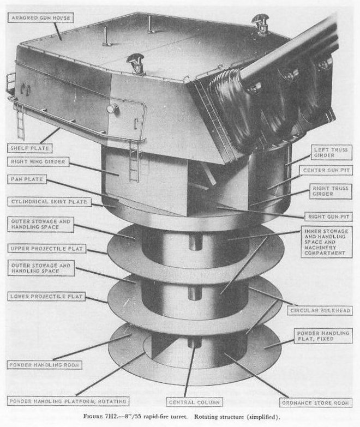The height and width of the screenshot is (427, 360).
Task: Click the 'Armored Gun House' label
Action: click(41, 18)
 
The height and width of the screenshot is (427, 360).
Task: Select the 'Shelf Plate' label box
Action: click(29, 148)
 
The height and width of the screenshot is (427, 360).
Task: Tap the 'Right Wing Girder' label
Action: click(38, 162)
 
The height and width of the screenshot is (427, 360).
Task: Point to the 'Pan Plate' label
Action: click(27, 179)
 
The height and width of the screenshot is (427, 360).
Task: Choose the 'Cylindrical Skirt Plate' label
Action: click(49, 202)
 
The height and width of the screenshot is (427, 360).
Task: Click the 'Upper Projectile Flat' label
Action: click(46, 249)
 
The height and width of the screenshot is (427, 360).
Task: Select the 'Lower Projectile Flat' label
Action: click(46, 296)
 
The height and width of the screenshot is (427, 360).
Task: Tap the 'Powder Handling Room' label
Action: click(44, 365)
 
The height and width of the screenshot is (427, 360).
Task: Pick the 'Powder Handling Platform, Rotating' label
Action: click(68, 401)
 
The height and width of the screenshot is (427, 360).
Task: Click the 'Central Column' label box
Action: click(194, 402)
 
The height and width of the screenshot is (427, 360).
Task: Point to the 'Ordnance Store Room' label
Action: click(316, 403)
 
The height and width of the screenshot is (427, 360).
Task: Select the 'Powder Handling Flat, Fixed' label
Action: click(323, 336)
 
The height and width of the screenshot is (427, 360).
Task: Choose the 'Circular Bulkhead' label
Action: click(320, 310)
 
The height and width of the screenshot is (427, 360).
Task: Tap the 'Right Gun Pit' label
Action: click(328, 216)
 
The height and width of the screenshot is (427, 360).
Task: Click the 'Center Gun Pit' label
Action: click(326, 170)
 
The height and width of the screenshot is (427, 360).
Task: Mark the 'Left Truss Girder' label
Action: click(331, 152)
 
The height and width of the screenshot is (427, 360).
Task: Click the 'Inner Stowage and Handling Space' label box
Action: click(326, 242)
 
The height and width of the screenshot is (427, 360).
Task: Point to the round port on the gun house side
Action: click(112, 109)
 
